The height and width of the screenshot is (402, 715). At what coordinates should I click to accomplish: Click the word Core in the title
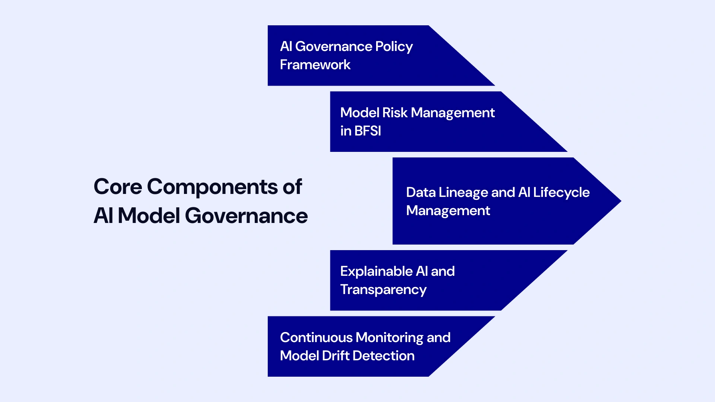118,186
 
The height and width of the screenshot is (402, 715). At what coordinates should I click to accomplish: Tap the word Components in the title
212,187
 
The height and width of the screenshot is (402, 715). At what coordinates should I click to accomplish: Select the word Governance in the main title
246,216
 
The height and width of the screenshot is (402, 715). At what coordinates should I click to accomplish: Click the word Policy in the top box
394,47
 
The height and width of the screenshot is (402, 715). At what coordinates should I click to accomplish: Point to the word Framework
315,65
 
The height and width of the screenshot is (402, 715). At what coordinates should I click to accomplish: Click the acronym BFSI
368,131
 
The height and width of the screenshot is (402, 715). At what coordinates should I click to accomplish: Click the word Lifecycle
561,192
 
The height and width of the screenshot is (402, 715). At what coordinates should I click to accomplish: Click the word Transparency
383,290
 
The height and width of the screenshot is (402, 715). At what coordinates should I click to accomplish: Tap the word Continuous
316,338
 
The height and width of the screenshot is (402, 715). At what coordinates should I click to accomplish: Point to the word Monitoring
390,338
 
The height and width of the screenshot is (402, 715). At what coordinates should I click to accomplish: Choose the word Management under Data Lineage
448,211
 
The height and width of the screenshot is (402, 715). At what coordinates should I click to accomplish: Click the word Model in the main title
149,216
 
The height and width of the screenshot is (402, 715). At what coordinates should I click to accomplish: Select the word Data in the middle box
420,192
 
